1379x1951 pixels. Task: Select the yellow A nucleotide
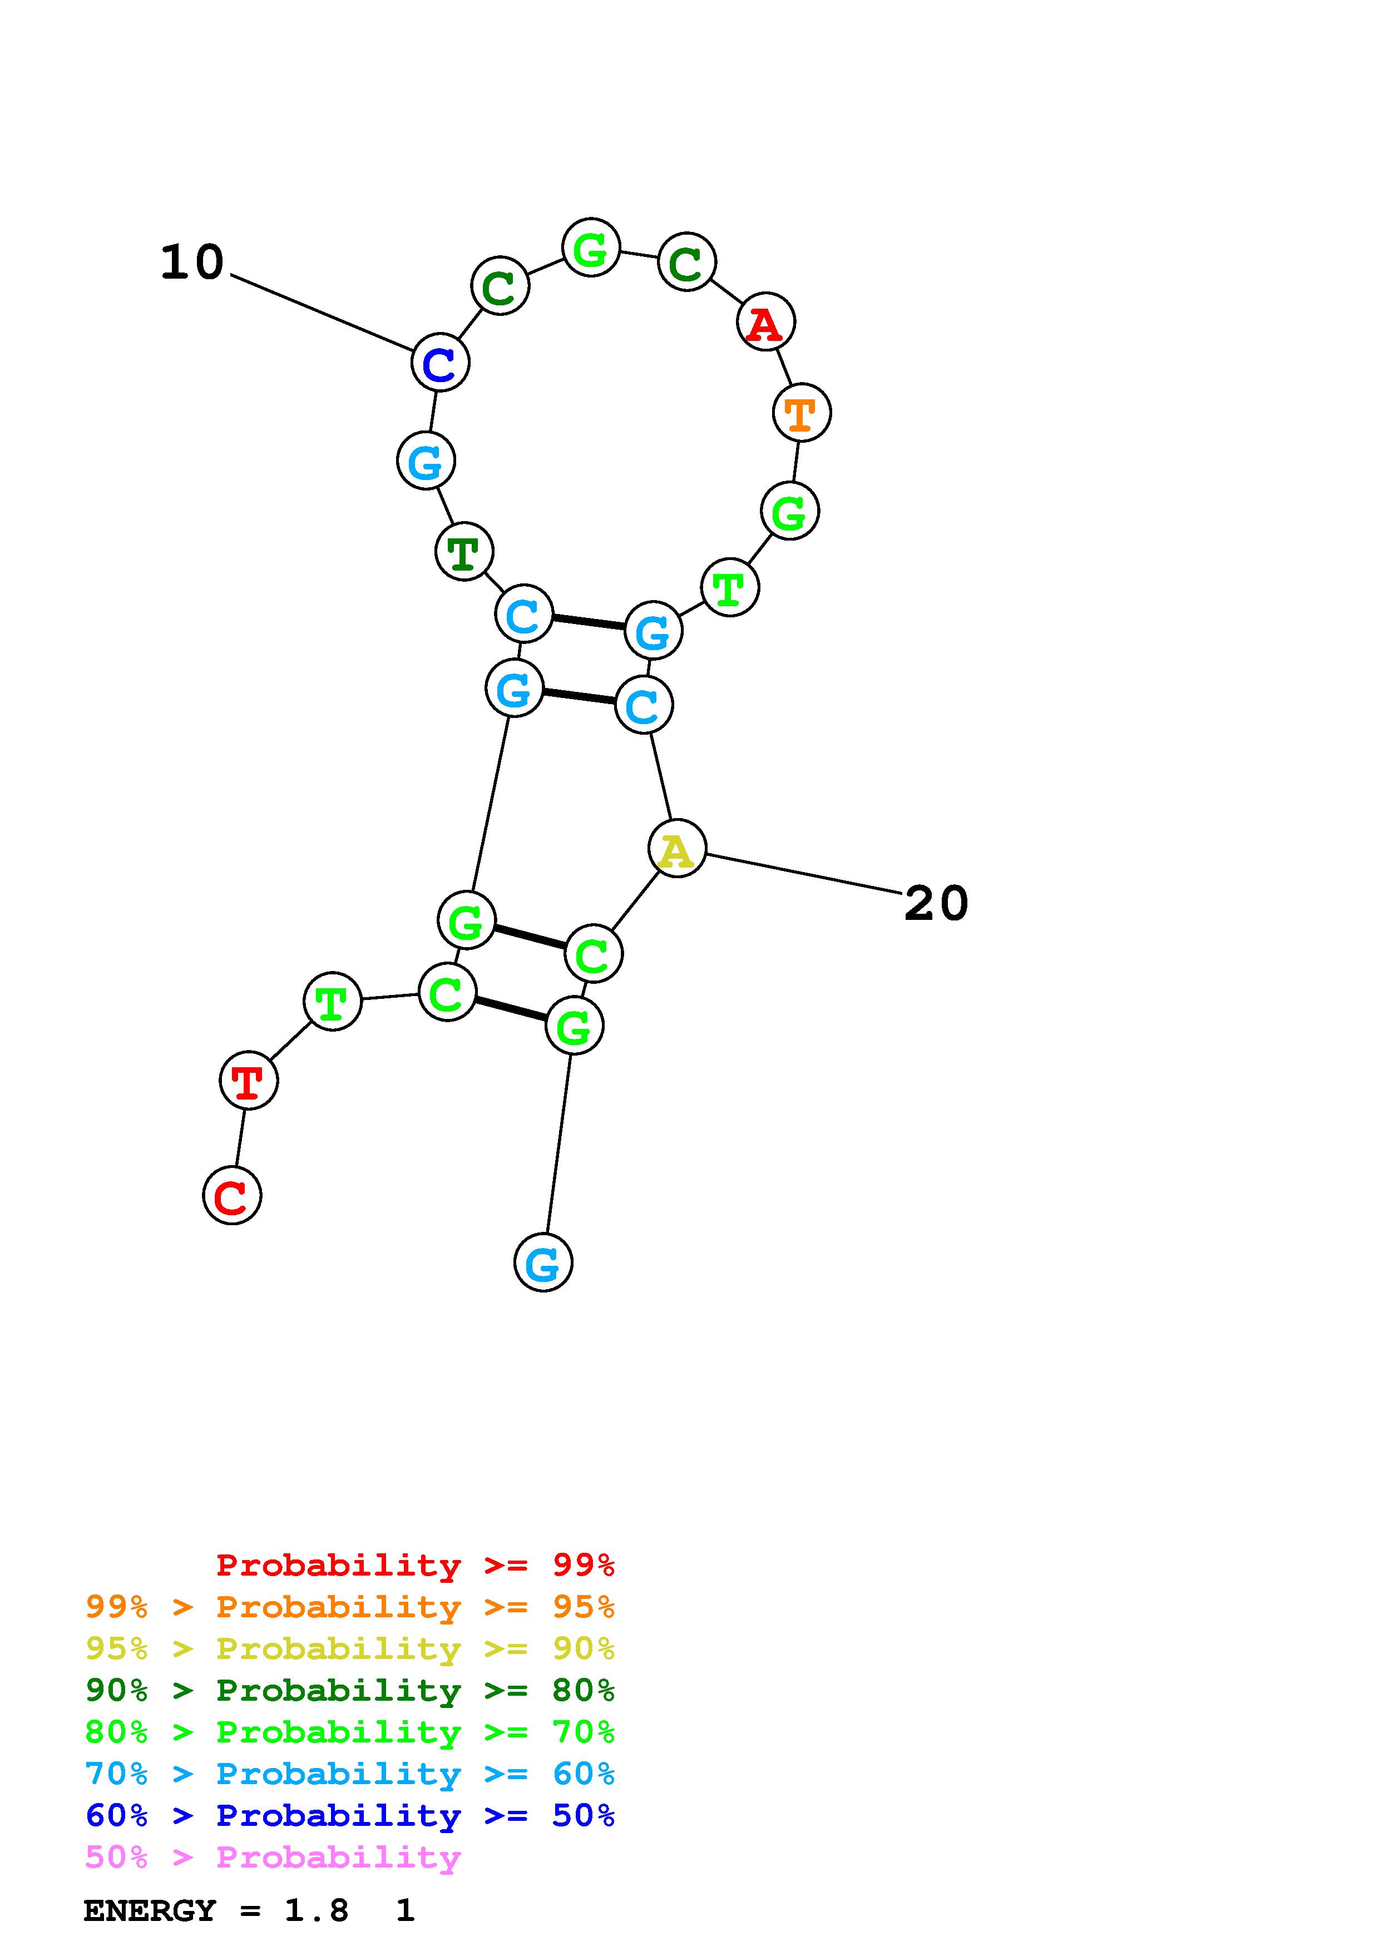pos(676,849)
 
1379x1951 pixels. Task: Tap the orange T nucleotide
pos(801,413)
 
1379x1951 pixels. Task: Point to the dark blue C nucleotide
pos(440,363)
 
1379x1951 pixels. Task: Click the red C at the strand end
pos(232,1196)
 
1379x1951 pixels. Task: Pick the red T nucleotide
pos(248,1081)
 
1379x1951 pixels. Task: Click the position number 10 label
pos(192,262)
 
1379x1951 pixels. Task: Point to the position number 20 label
pos(936,903)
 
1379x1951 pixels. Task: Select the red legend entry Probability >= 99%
pos(414,1564)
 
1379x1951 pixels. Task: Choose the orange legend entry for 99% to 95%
pos(349,1607)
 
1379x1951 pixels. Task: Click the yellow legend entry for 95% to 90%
pos(349,1648)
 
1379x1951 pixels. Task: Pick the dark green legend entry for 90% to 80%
pos(349,1690)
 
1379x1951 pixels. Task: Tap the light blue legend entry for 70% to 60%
pos(349,1774)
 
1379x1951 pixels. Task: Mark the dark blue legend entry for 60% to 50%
pos(349,1815)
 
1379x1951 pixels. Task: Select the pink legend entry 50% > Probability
pos(273,1856)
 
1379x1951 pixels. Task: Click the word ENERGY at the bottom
pos(150,1911)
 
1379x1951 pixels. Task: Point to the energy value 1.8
pos(316,1911)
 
